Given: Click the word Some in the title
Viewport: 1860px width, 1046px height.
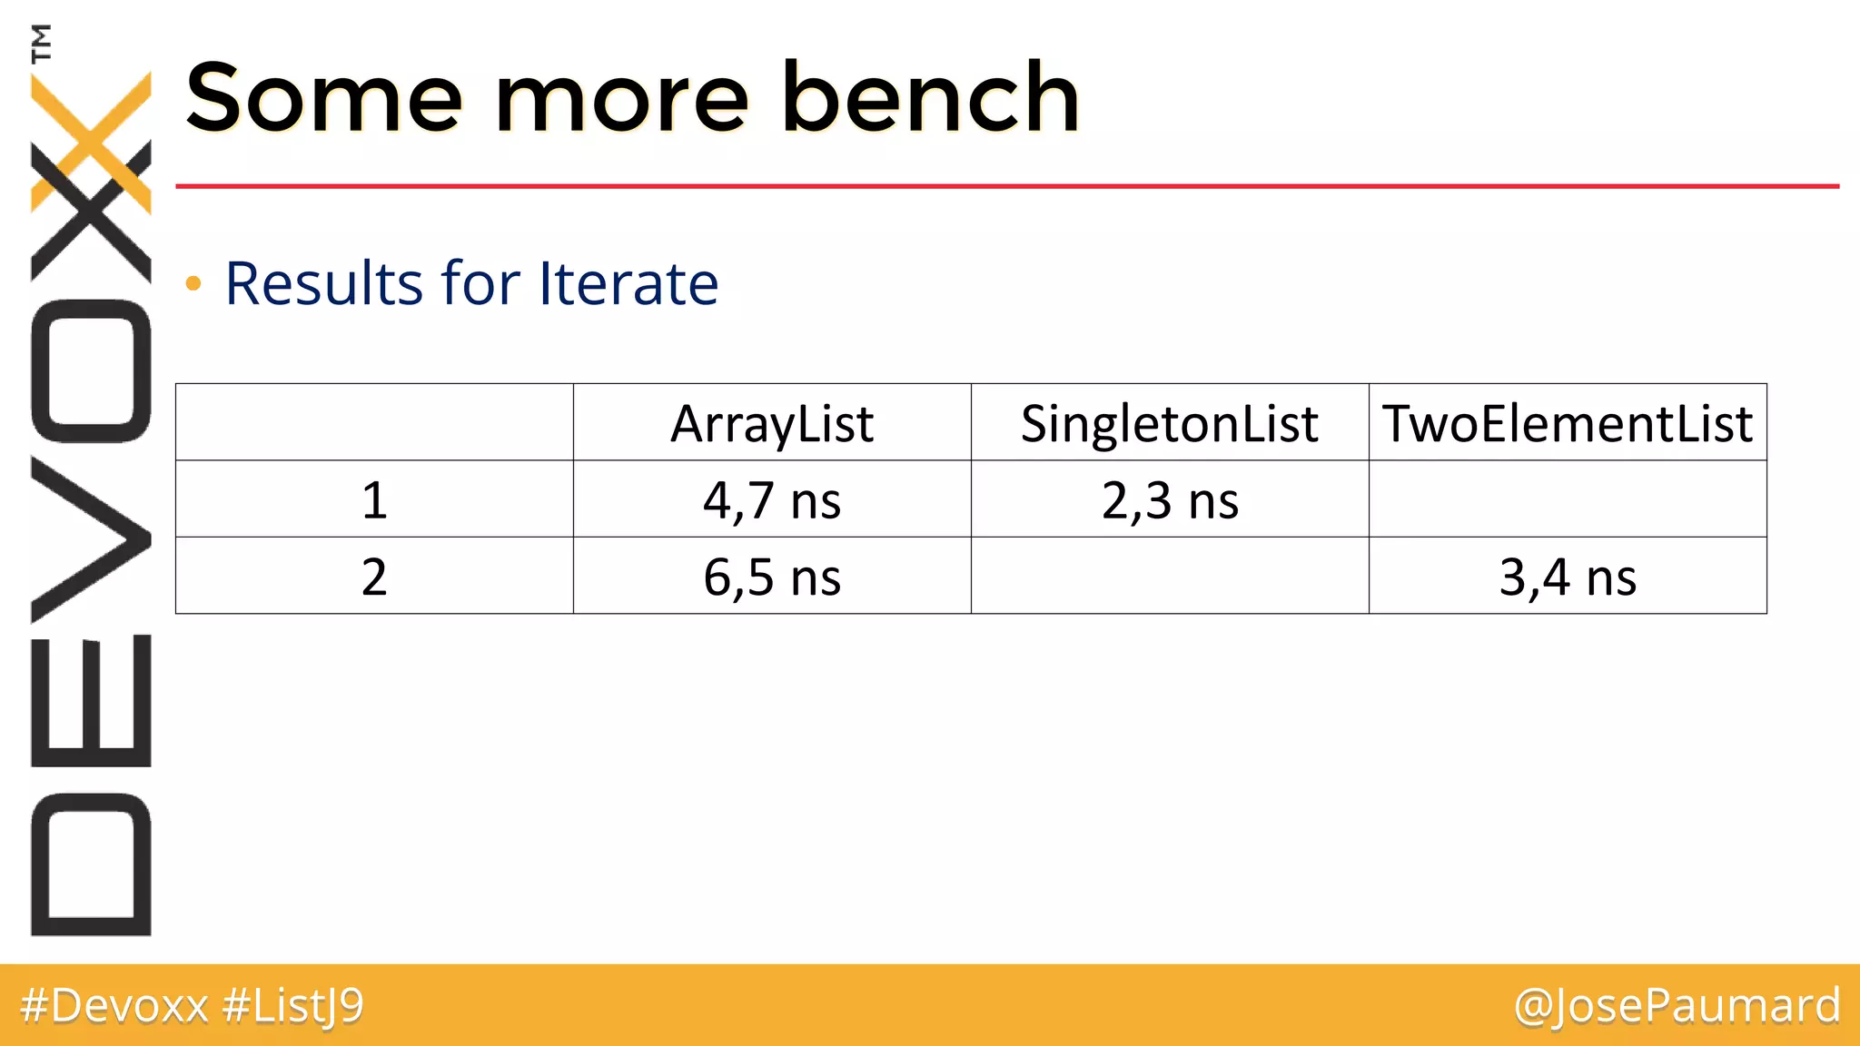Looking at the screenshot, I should coord(324,97).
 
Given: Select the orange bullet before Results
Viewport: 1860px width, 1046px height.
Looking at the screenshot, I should coord(193,284).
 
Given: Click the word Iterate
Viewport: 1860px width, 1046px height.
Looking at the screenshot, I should coord(628,283).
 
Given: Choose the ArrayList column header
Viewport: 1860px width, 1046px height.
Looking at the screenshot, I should coord(772,423).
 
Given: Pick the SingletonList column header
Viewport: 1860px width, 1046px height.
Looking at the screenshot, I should coord(1169,423).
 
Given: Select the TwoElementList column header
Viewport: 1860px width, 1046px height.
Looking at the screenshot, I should coord(1567,423).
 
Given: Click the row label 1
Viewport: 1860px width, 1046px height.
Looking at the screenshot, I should coord(374,500).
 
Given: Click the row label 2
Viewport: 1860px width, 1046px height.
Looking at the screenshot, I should coord(374,577).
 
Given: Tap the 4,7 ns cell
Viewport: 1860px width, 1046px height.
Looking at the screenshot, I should coord(772,500).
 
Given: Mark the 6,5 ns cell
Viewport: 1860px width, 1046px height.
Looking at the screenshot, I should coord(772,577).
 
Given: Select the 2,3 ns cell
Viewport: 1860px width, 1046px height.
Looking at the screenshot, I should coord(1169,500).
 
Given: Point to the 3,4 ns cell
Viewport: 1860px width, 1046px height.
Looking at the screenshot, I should coord(1567,577).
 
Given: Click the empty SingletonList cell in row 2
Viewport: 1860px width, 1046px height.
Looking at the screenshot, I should coord(1169,576).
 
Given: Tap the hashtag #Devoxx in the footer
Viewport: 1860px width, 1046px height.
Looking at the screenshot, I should coord(114,1006).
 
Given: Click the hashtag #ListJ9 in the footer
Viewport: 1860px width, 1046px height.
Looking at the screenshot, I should coord(292,1006).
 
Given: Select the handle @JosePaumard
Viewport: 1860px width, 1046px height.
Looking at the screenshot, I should coord(1677,1006).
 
